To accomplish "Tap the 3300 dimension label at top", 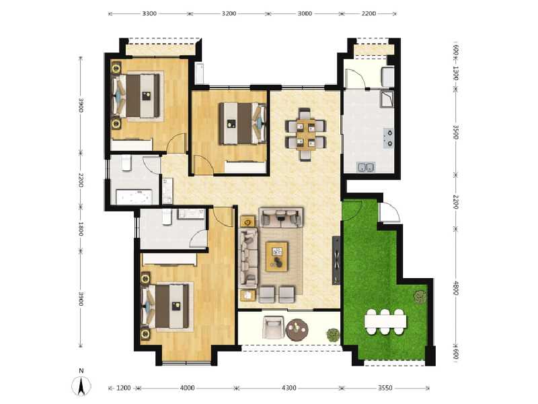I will (149, 13).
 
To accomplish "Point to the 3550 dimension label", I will (385, 388).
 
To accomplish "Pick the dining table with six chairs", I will (306, 131).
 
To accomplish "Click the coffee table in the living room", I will (276, 257).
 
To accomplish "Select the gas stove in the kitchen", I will (389, 138).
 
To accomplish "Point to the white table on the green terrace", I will (385, 321).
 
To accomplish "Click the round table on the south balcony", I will (297, 330).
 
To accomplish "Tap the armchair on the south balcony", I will (272, 329).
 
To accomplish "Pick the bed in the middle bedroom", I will (239, 123).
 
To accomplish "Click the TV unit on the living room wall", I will (334, 259).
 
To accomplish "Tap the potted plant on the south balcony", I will (332, 334).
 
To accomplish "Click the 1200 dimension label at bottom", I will (124, 388).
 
